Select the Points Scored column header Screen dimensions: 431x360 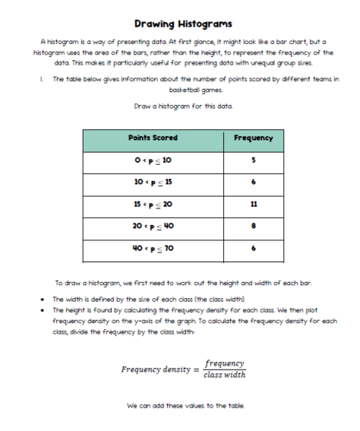click(152, 138)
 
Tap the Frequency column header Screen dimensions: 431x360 click(253, 138)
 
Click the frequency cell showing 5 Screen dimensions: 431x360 click(253, 160)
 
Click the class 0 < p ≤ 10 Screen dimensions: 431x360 click(152, 161)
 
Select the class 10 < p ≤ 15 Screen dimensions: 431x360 click(152, 184)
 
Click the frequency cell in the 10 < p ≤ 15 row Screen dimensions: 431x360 click(253, 184)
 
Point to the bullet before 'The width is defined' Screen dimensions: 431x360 click(42, 297)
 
